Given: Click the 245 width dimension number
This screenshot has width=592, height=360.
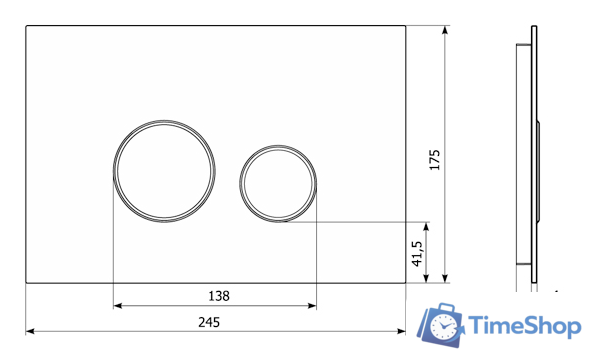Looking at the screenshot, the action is [209, 322].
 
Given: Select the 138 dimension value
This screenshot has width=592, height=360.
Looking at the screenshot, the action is [219, 296].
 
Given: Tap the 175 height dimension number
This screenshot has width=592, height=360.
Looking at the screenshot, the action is [435, 160].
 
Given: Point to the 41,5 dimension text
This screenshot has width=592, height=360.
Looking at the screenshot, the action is [417, 254].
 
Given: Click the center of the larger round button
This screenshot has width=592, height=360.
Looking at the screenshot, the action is [164, 171].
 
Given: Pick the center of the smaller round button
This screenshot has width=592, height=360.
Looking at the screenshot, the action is [278, 183].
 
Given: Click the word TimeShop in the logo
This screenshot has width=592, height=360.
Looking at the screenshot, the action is [524, 326].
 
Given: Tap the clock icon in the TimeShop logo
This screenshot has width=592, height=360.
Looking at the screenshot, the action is [442, 326].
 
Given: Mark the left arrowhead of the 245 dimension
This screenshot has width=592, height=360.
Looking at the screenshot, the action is [30, 331].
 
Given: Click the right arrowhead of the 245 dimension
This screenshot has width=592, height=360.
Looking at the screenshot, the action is [401, 331].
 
